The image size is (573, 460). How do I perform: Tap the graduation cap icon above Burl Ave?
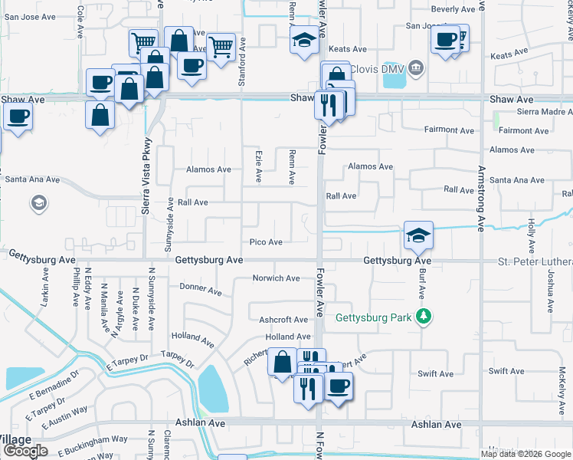tap(419, 235)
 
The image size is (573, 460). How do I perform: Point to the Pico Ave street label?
tap(266, 242)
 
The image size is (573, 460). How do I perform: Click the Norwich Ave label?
tap(277, 278)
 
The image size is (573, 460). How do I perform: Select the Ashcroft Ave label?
tap(283, 320)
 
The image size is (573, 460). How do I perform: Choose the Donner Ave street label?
tap(200, 292)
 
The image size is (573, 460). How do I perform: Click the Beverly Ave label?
tap(453, 9)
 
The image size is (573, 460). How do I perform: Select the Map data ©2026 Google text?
tap(526, 454)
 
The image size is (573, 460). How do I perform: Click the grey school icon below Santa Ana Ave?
tap(38, 203)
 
